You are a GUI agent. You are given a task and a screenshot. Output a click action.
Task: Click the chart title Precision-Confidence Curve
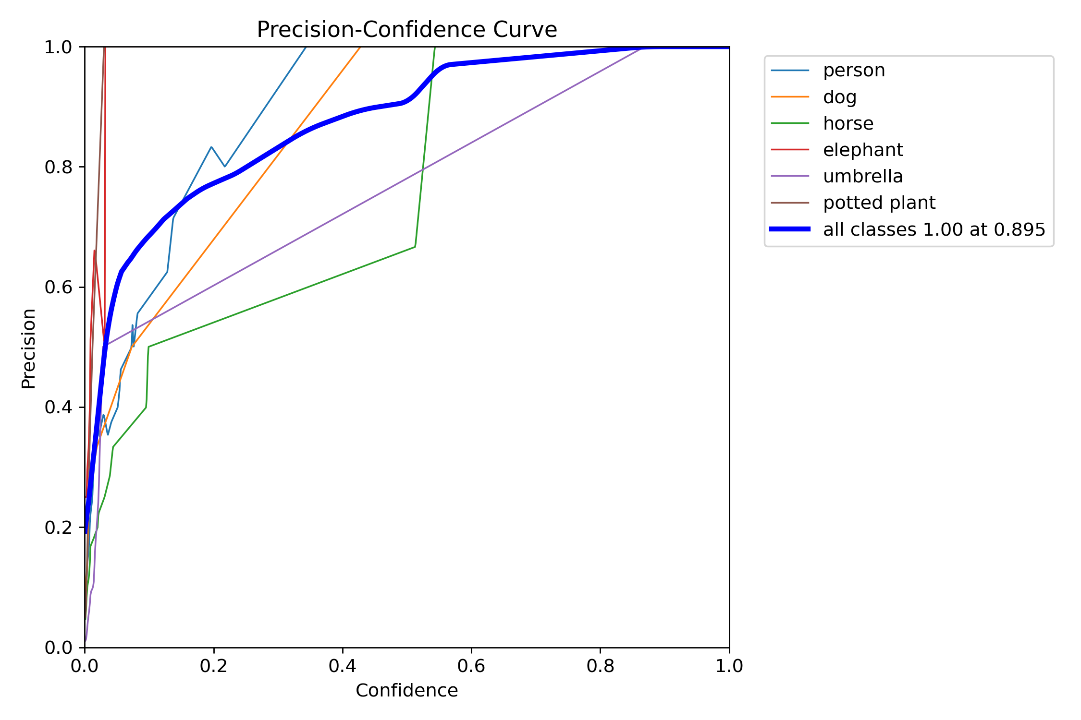(x=406, y=30)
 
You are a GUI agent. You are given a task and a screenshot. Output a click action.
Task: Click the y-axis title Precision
(x=29, y=348)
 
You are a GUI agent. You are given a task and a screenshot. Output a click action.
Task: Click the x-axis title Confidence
(x=406, y=690)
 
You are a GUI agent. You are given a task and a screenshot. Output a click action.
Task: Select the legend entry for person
(x=854, y=71)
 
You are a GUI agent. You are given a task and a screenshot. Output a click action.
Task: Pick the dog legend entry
(x=839, y=97)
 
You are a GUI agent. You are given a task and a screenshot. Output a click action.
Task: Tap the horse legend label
(x=848, y=123)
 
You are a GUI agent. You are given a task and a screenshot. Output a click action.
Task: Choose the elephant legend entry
(x=863, y=150)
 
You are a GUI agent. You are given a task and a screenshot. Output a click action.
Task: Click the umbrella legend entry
(x=863, y=176)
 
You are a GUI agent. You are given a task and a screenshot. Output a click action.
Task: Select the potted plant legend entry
(x=879, y=203)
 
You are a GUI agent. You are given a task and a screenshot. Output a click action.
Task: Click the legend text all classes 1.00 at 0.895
(x=934, y=229)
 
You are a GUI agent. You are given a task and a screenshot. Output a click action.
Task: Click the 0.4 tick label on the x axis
(x=343, y=666)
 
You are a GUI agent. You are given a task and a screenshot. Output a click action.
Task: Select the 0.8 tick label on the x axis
(x=600, y=666)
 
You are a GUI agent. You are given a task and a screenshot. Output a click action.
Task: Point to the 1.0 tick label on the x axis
(x=729, y=666)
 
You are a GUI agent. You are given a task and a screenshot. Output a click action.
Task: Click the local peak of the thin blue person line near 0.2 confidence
(x=211, y=147)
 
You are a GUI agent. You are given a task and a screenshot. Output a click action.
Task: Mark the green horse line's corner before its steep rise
(x=415, y=247)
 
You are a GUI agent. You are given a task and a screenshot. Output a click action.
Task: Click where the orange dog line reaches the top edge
(x=360, y=47)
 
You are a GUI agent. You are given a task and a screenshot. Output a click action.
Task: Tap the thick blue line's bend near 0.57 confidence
(x=450, y=64)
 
